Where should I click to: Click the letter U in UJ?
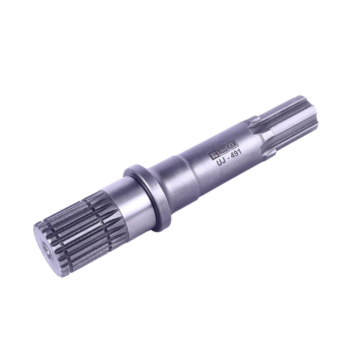tap(219, 162)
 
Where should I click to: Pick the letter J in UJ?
tap(223, 160)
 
